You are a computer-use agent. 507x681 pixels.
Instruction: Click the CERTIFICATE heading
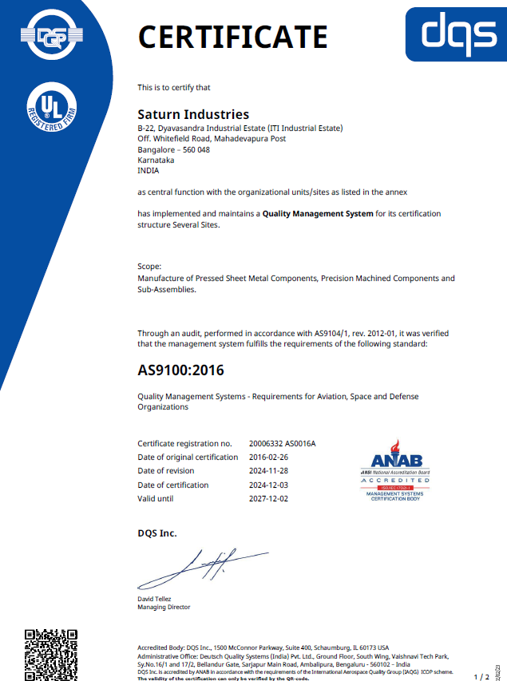[x=232, y=37]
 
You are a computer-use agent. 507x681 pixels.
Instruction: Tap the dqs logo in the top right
[x=455, y=32]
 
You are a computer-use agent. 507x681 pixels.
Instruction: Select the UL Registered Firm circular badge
[x=51, y=107]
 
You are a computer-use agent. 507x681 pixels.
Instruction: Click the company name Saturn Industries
[x=193, y=115]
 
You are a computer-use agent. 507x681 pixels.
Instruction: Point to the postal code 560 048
[x=196, y=149]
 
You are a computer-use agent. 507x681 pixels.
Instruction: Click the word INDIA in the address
[x=149, y=170]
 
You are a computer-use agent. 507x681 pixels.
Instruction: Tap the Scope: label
[x=149, y=267]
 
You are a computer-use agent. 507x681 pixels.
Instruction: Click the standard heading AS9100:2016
[x=180, y=370]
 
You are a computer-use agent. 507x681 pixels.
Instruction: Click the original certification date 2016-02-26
[x=269, y=457]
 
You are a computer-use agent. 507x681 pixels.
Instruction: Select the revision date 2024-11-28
[x=269, y=471]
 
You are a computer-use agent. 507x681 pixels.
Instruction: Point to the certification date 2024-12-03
[x=269, y=485]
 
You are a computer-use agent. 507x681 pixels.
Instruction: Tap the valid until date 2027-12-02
[x=269, y=499]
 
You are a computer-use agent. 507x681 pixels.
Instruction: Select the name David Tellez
[x=155, y=599]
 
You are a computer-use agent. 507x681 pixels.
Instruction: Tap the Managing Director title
[x=164, y=608]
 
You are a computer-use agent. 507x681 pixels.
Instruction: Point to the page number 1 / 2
[x=481, y=676]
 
